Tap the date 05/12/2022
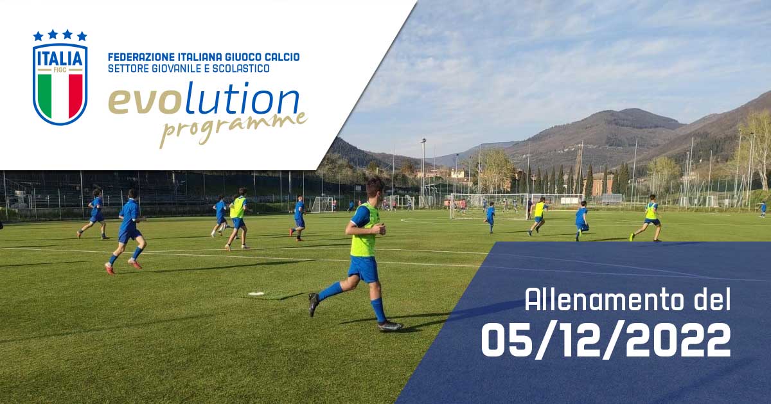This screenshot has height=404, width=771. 606,339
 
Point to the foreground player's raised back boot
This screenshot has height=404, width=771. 313,303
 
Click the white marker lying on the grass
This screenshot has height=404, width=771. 256,294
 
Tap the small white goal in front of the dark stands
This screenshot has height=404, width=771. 323,204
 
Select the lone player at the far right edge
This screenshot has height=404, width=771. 762,209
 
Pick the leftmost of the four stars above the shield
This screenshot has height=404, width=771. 38,36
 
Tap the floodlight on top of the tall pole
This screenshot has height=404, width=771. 423,140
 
